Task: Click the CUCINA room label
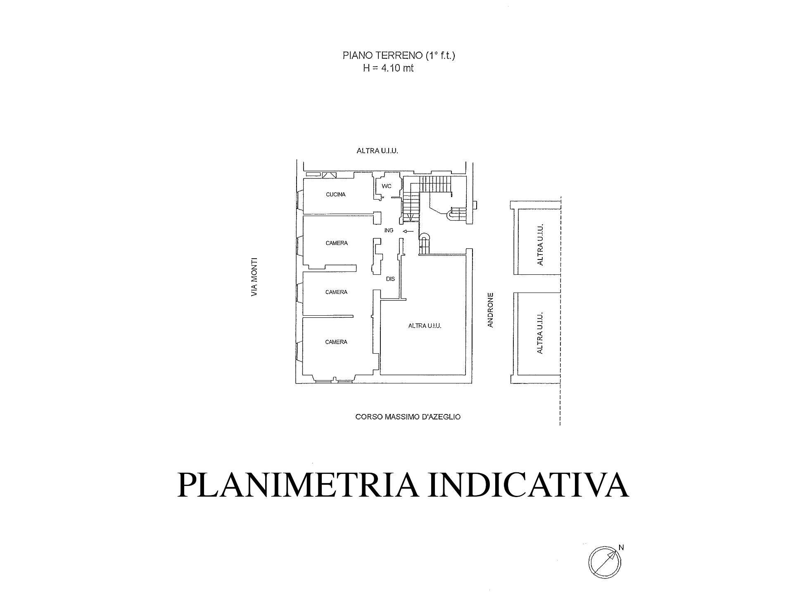click(335, 195)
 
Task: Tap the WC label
click(386, 186)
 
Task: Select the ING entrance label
click(389, 231)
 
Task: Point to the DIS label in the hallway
click(390, 279)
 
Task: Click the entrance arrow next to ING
click(408, 231)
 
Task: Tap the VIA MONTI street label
click(254, 277)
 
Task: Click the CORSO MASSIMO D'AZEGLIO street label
click(408, 417)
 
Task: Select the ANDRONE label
click(491, 310)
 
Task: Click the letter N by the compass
click(621, 548)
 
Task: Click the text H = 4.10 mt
click(388, 68)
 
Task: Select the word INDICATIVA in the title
click(528, 485)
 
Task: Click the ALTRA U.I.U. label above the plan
click(377, 151)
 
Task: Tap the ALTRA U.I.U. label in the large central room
click(425, 326)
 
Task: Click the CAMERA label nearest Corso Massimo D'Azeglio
click(336, 342)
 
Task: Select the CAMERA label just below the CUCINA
click(337, 243)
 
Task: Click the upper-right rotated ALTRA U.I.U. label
click(539, 245)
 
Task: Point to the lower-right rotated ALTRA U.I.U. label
click(539, 333)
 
